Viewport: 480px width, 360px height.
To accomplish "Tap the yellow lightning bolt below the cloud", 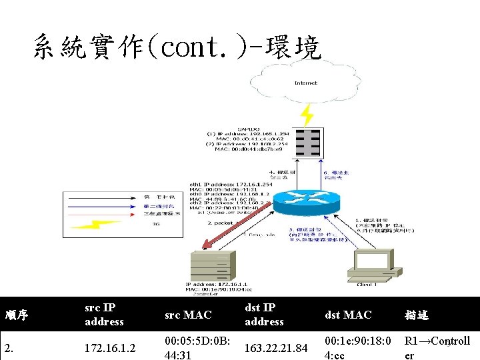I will (306, 115).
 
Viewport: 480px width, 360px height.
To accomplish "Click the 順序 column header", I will (17, 315).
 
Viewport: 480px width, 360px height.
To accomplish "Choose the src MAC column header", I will (188, 315).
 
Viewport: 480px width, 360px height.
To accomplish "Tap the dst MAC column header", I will (348, 315).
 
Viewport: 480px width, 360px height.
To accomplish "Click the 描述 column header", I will (416, 315).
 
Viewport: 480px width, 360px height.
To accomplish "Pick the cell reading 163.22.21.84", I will (275, 348).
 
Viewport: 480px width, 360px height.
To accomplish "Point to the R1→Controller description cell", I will (437, 348).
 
